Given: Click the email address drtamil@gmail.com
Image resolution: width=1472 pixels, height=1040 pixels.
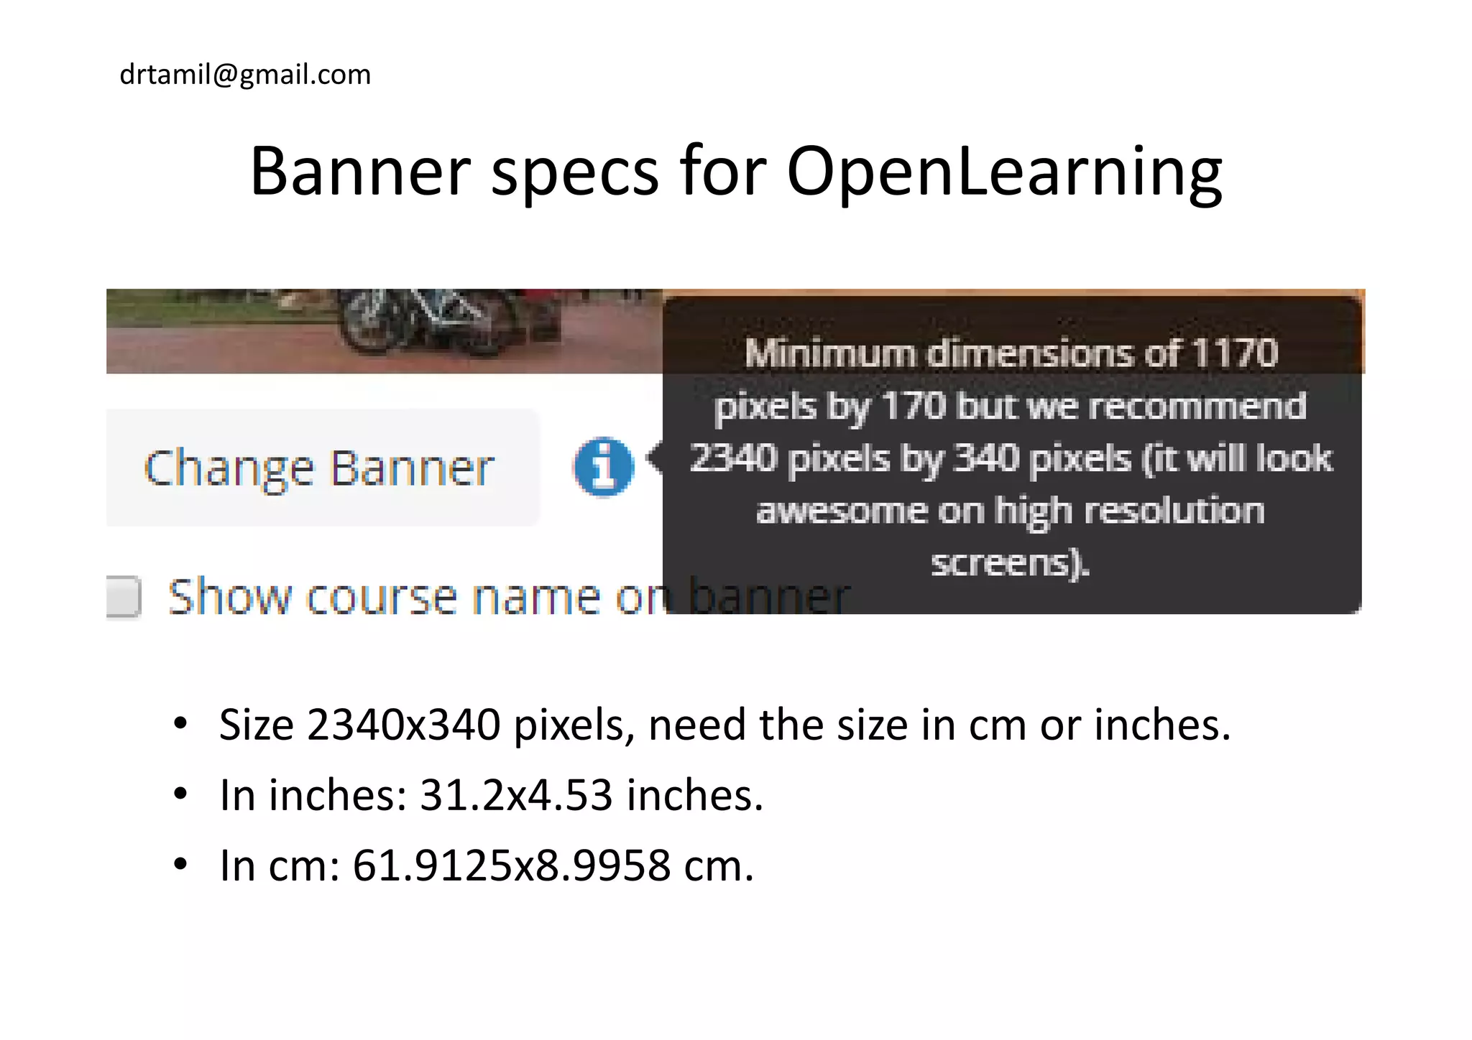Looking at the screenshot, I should [245, 75].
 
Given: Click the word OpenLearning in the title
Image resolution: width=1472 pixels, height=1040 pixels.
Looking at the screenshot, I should [1004, 172].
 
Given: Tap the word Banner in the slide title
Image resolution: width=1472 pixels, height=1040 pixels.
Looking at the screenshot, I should [359, 172].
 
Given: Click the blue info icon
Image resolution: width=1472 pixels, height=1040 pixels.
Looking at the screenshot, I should [604, 467].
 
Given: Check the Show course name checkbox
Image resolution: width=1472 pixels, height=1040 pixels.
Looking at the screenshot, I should [124, 596].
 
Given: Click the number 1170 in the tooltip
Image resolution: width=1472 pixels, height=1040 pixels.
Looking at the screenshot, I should [1234, 353].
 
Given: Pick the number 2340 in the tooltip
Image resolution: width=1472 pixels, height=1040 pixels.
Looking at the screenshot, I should [733, 458].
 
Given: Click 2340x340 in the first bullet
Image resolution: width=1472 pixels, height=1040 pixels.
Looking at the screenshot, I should [403, 724].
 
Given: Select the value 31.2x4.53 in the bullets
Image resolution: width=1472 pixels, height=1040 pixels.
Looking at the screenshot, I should [515, 795].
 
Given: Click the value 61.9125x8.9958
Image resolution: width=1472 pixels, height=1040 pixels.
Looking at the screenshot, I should [511, 865].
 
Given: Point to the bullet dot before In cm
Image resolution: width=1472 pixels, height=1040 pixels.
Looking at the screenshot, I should [180, 864].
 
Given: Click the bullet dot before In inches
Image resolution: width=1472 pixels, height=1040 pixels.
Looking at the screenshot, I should [180, 794].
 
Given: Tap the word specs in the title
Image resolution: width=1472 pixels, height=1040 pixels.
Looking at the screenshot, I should [574, 172].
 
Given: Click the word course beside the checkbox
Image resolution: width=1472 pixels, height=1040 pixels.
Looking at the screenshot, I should [381, 598].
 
